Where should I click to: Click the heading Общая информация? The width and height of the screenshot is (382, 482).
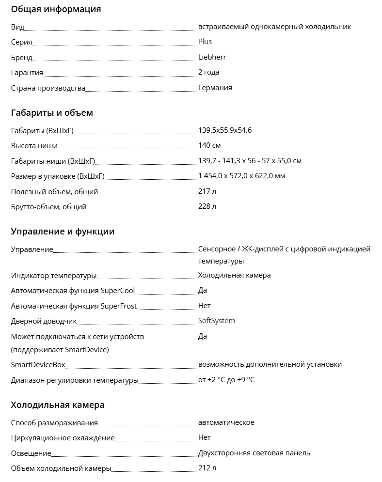(56, 9)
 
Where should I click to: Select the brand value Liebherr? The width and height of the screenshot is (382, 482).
(212, 57)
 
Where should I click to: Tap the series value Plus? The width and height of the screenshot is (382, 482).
(205, 42)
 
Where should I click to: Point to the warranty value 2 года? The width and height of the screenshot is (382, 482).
(209, 72)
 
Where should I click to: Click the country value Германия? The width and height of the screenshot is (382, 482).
(215, 88)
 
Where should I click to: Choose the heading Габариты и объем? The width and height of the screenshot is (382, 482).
(52, 113)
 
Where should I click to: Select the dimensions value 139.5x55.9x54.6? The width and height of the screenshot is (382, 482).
(225, 130)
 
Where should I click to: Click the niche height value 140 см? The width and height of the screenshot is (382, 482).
(209, 145)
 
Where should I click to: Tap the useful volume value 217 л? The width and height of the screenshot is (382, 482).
(207, 191)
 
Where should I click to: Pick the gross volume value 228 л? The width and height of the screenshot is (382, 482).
(207, 206)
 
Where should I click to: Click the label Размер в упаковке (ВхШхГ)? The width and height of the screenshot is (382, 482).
(58, 176)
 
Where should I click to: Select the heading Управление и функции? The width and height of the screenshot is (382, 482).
(63, 232)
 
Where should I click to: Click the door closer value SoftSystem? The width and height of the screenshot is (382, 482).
(216, 321)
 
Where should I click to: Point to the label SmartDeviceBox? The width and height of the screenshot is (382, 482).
(38, 365)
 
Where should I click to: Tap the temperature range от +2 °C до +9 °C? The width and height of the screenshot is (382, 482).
(226, 380)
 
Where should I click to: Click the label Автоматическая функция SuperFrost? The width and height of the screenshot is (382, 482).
(74, 306)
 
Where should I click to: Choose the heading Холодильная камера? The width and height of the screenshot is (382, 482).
(58, 405)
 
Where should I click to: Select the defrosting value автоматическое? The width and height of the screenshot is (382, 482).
(226, 422)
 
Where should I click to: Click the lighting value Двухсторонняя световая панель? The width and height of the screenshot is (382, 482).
(254, 453)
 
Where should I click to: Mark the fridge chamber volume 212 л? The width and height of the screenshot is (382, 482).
(207, 468)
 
